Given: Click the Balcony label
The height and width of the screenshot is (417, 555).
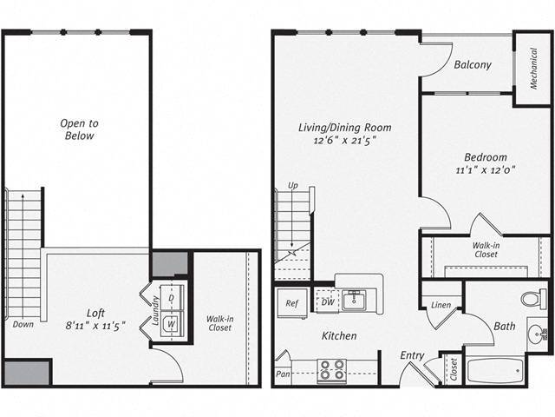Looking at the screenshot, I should point(473,64).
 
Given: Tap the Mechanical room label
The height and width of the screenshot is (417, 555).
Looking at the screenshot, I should point(532,69).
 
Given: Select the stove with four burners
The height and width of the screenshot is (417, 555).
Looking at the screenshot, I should point(330,371).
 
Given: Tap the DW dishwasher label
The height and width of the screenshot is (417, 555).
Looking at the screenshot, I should point(326,301).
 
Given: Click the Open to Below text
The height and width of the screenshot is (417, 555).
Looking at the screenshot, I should point(77,129).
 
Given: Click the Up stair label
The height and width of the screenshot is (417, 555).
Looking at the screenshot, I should point(293,186).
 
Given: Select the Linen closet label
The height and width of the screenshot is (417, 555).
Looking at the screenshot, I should point(441,304).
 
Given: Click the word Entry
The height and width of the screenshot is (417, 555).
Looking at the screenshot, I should point(412,355).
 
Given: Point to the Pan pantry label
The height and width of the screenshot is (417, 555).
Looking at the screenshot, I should point(283,374).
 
